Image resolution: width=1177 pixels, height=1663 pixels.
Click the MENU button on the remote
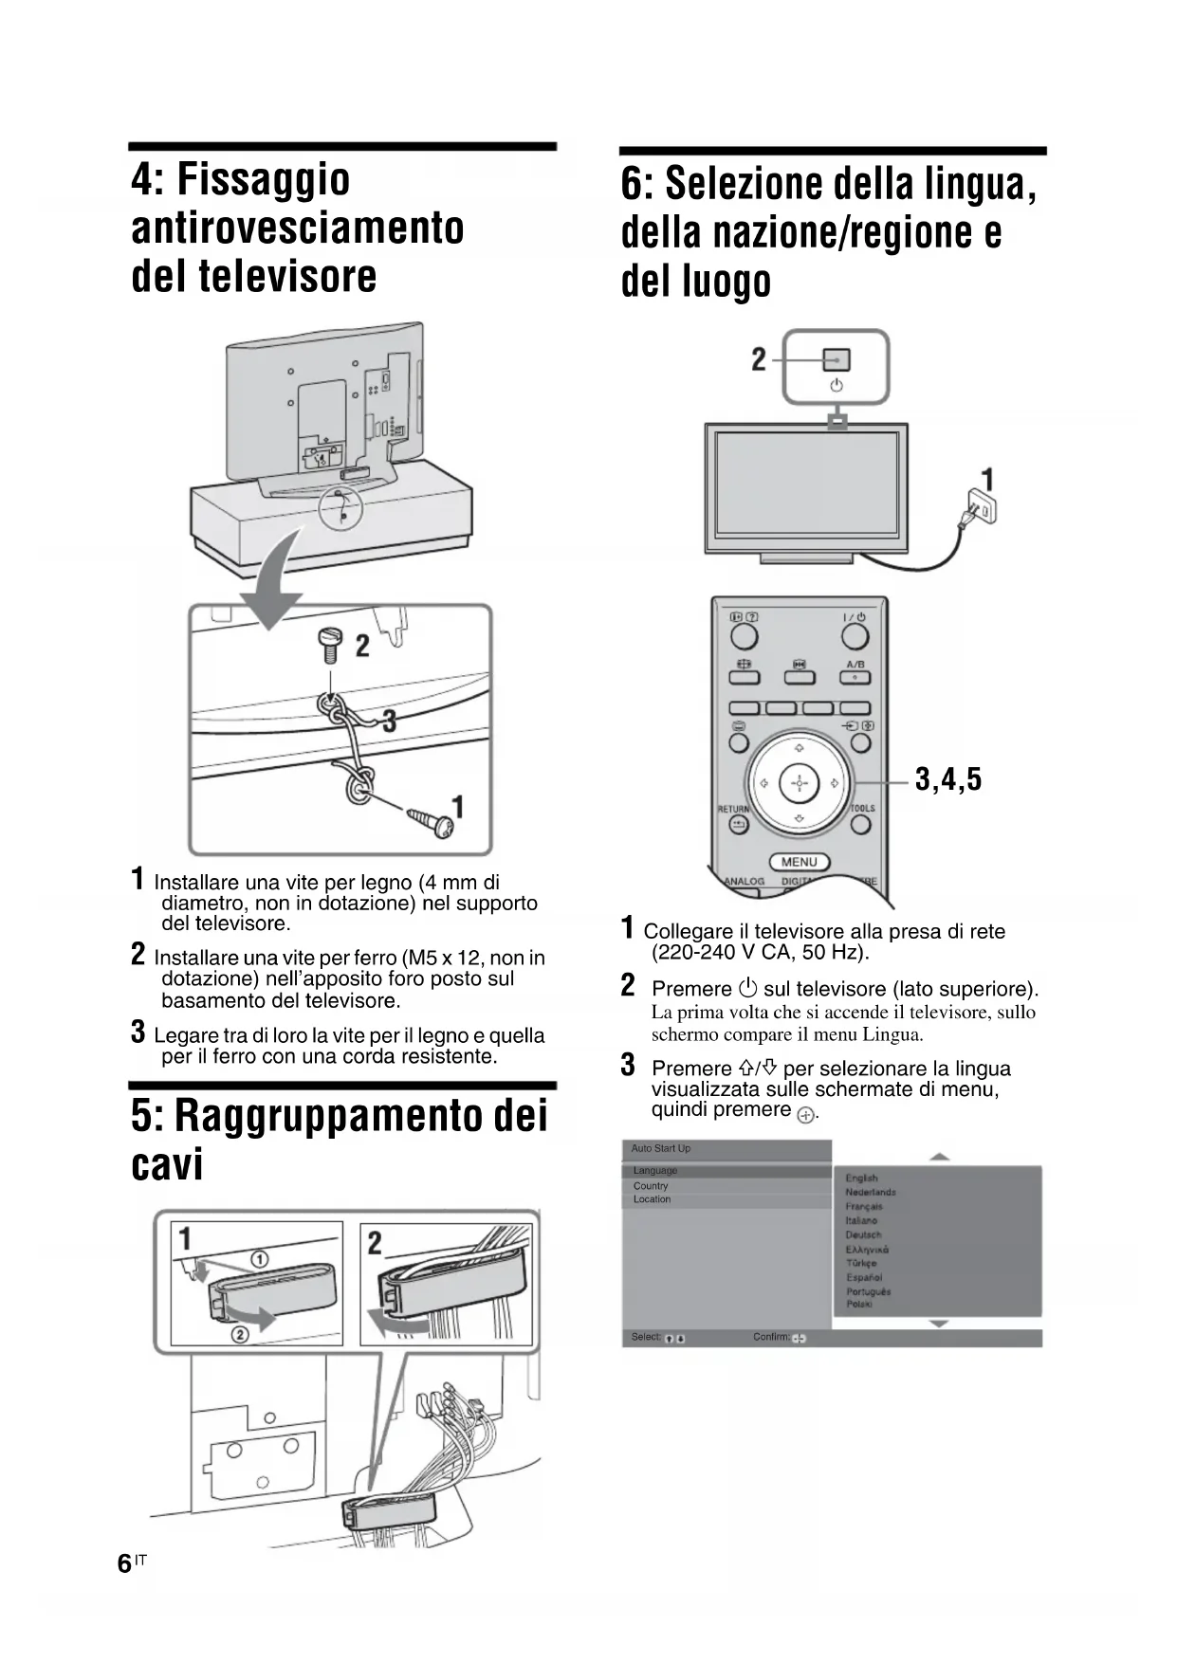[x=799, y=862]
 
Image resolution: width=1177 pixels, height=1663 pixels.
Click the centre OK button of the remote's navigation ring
[x=799, y=784]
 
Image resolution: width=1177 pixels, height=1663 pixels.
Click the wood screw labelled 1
[x=432, y=821]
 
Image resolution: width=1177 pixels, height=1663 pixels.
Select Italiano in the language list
[x=863, y=1221]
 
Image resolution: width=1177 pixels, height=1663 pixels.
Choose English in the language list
[x=861, y=1179]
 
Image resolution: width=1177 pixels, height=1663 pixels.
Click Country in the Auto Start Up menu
[x=651, y=1186]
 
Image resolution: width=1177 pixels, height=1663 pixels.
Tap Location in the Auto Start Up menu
[x=652, y=1199]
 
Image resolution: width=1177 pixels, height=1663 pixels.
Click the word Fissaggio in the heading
[x=241, y=179]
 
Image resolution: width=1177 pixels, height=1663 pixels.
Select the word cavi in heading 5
[x=167, y=1164]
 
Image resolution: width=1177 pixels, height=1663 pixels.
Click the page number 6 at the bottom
[x=124, y=1563]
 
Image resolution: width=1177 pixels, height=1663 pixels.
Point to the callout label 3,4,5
[x=948, y=780]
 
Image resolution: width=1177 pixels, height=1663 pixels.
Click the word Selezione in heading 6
[x=733, y=184]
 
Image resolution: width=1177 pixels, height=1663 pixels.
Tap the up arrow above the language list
[x=939, y=1157]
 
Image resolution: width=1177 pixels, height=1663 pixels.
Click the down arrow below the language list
[x=939, y=1324]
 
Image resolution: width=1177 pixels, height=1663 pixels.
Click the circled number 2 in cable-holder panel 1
[x=240, y=1335]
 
